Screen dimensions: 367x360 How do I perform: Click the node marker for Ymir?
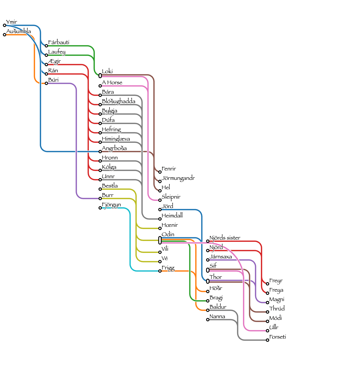[x=5, y=25]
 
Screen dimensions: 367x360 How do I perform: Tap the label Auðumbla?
[x=18, y=31]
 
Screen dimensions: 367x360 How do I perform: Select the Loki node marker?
[x=100, y=76]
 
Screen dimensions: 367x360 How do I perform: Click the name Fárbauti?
[x=59, y=42]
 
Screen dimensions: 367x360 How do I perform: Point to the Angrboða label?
[x=114, y=148]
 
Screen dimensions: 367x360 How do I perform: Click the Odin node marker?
[x=160, y=240]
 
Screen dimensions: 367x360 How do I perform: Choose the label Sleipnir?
[x=171, y=197]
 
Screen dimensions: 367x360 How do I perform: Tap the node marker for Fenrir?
[x=160, y=172]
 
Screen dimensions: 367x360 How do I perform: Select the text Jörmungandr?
[x=178, y=178]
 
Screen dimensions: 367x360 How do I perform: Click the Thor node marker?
[x=208, y=281]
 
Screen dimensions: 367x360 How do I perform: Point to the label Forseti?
[x=278, y=337]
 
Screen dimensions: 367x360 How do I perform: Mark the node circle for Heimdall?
[x=160, y=219]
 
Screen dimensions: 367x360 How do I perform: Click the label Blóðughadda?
[x=119, y=101]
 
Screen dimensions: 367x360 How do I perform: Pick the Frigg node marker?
[x=160, y=271]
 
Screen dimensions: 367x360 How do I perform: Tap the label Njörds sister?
[x=225, y=238]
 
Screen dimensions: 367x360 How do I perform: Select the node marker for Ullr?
[x=268, y=331]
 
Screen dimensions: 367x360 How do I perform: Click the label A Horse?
[x=112, y=83]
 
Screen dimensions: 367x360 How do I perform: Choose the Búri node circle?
[x=46, y=83]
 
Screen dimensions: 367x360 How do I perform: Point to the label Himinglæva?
[x=116, y=139]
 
